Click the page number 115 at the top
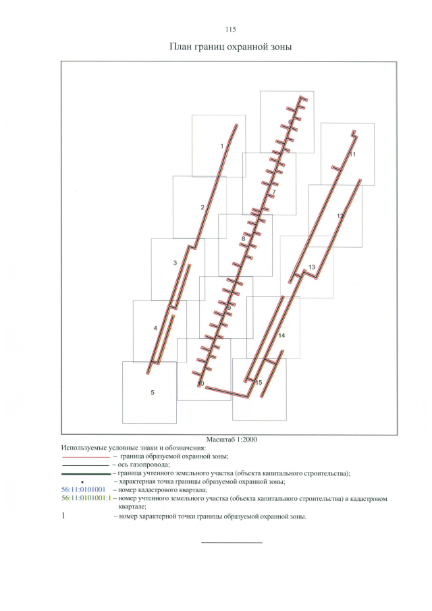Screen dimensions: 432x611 coord(230,30)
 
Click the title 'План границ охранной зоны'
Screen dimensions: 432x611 coord(231,47)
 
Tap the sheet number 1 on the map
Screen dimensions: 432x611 coord(221,146)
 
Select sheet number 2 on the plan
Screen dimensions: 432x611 coord(202,207)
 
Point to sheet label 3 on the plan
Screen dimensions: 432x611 coord(175,263)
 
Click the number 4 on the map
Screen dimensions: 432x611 coord(155,328)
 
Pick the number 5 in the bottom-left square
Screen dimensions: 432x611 coord(153,392)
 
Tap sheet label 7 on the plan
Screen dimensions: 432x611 coord(274,192)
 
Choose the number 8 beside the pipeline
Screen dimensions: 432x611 coord(243,238)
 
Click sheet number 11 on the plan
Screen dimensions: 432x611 coord(352,155)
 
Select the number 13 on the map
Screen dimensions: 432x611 coord(312,267)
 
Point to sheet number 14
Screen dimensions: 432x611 coord(281,336)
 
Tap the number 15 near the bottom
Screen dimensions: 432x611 coord(259,383)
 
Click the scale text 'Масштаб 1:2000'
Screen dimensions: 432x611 coord(232,439)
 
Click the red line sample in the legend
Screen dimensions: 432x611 coord(86,456)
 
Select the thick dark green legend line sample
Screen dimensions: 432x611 coord(86,474)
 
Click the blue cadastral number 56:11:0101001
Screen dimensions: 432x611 coord(83,490)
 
